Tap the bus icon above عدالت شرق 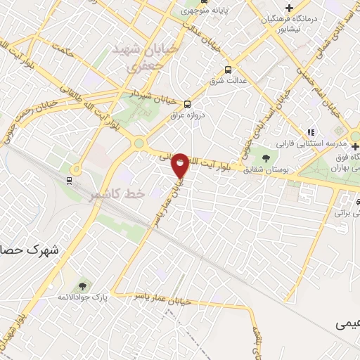pyautogui.click(x=227, y=70)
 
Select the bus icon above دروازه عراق pyautogui.click(x=186, y=103)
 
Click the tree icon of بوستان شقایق pyautogui.click(x=266, y=158)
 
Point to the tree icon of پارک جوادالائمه pyautogui.click(x=83, y=286)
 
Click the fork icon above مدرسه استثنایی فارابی pyautogui.click(x=310, y=131)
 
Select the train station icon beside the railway pyautogui.click(x=70, y=180)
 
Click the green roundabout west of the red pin pyautogui.click(x=139, y=143)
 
